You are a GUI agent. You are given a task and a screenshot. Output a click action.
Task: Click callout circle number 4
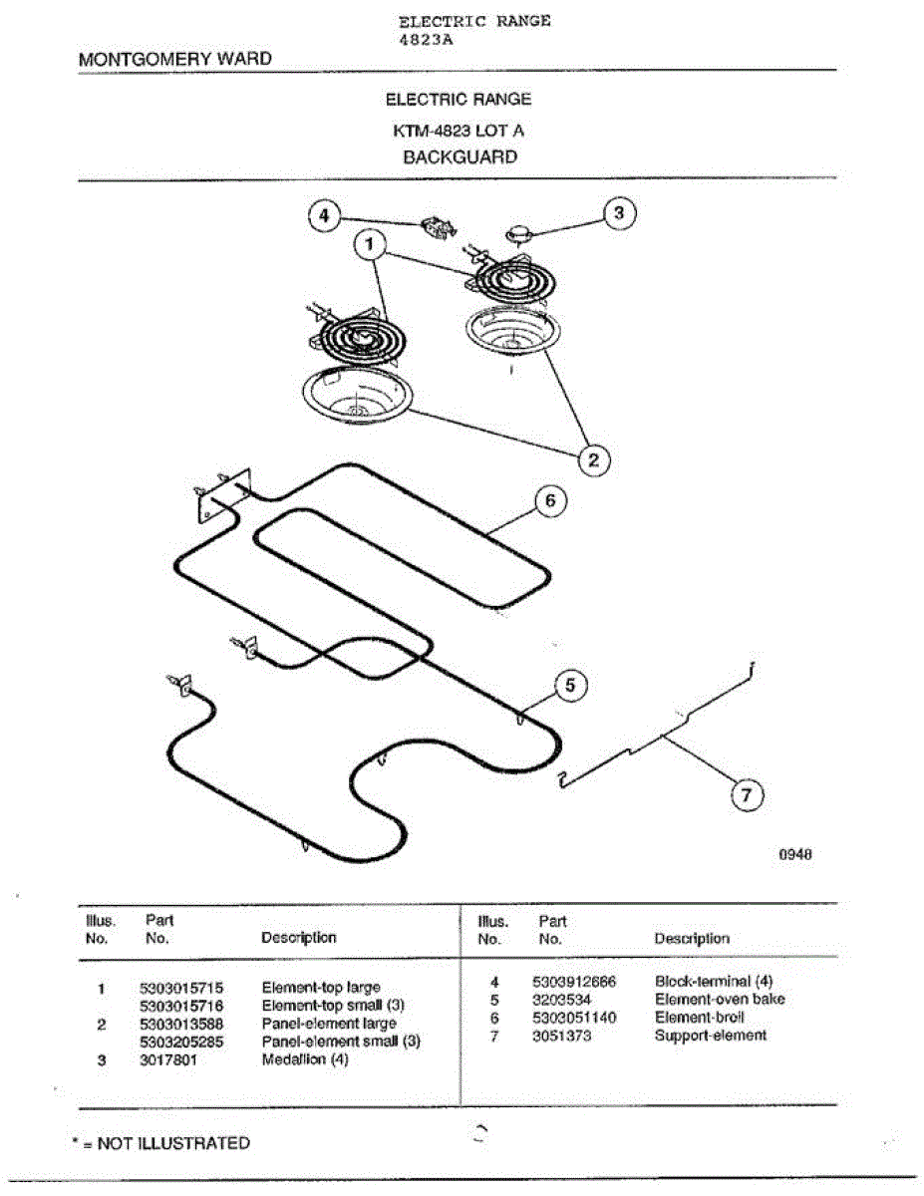click(x=323, y=215)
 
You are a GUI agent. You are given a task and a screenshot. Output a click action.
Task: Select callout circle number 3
click(x=619, y=213)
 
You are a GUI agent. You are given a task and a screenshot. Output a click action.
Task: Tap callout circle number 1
click(x=371, y=243)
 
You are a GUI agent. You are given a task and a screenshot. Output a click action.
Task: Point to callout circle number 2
click(x=594, y=459)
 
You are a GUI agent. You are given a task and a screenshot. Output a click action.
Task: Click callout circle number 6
click(x=550, y=501)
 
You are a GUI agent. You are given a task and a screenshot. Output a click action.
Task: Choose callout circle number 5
click(x=570, y=685)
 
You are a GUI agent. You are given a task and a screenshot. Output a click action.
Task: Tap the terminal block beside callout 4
click(x=438, y=227)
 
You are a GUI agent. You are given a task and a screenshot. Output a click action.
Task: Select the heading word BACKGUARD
click(x=460, y=157)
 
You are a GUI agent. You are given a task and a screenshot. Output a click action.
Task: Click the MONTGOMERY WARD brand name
click(x=174, y=59)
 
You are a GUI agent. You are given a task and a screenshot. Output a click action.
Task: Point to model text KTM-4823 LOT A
click(x=459, y=130)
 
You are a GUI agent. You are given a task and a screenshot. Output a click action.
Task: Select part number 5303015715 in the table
click(x=180, y=989)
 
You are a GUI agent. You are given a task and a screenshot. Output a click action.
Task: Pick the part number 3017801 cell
click(x=168, y=1060)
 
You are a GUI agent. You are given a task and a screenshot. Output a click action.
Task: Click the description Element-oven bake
click(x=719, y=1000)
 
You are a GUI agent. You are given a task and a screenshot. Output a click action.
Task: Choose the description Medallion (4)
click(x=305, y=1060)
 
